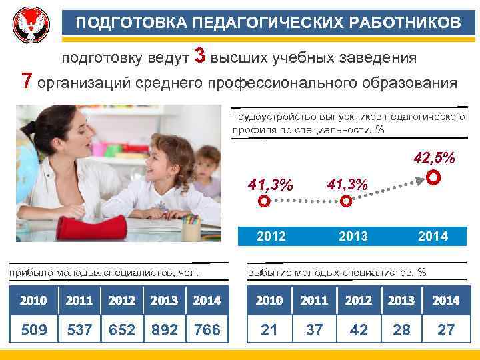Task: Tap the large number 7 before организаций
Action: [x=27, y=81]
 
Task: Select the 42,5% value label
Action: [x=435, y=159]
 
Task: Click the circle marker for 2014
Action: [x=433, y=178]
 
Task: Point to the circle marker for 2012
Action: [x=264, y=201]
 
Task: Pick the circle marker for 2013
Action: [x=346, y=201]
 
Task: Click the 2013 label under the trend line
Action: [x=353, y=236]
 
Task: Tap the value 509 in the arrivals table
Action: [x=33, y=329]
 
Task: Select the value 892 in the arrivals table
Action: [x=164, y=329]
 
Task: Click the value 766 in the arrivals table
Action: [x=206, y=329]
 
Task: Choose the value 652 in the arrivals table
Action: [x=121, y=329]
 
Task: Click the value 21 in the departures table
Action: [x=269, y=329]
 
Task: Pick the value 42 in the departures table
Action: [x=359, y=329]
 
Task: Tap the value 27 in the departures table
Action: [x=445, y=329]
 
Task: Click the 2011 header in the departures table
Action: [x=314, y=301]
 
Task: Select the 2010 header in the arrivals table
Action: [x=33, y=301]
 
